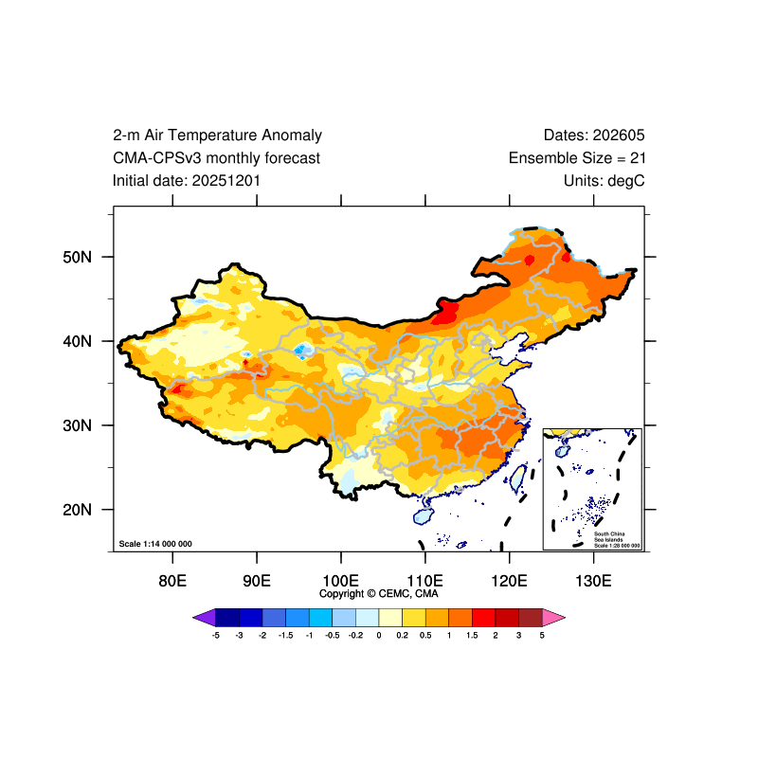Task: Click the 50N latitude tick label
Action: click(x=76, y=257)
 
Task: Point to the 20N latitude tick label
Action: click(x=76, y=510)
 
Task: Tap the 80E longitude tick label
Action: click(x=171, y=580)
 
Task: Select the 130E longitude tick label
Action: click(x=593, y=580)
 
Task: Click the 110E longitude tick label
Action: click(x=424, y=580)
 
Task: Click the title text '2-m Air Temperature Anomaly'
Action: click(x=217, y=135)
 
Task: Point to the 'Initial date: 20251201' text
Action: click(x=187, y=180)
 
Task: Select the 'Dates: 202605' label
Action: click(x=594, y=135)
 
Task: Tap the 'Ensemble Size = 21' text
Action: click(x=577, y=158)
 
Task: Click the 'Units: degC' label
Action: click(x=604, y=180)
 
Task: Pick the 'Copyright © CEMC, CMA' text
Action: click(x=379, y=594)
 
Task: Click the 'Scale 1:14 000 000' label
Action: click(x=155, y=544)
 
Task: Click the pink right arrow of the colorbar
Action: click(x=554, y=617)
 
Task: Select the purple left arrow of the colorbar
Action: click(x=204, y=617)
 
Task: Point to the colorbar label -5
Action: click(x=216, y=635)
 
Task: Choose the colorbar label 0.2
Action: click(x=403, y=635)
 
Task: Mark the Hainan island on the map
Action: click(x=423, y=515)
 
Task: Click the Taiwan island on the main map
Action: click(x=519, y=477)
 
